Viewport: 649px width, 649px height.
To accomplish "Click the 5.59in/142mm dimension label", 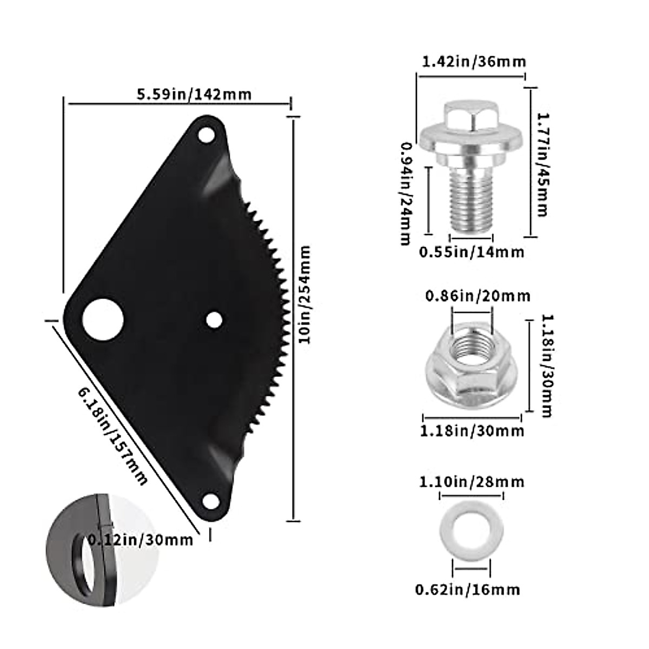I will tap(194, 94).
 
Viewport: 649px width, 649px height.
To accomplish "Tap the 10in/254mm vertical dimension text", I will tap(304, 294).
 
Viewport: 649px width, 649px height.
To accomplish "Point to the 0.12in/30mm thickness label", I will tap(140, 539).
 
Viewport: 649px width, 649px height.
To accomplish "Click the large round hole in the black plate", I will tap(103, 320).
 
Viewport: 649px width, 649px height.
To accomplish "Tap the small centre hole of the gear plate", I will tap(214, 320).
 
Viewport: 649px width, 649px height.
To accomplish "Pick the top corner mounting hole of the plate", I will tap(206, 134).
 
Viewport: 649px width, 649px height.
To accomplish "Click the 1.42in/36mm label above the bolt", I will tap(474, 61).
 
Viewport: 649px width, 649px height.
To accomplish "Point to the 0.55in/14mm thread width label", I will tap(472, 252).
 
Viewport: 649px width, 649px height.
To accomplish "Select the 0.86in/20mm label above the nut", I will tap(478, 296).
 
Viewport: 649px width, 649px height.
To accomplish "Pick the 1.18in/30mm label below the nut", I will tap(472, 431).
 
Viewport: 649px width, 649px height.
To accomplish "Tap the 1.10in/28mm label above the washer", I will tap(472, 481).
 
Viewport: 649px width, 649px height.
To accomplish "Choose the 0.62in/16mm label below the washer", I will tap(467, 589).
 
